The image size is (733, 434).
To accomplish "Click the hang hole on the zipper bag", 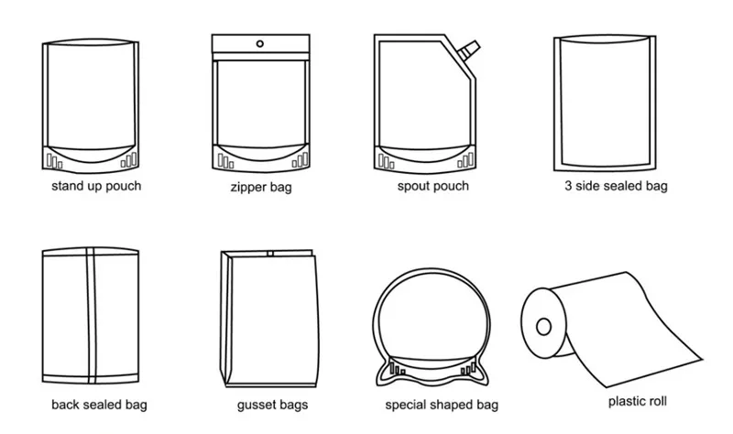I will (x=260, y=42).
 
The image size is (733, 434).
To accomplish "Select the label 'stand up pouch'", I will (x=96, y=187).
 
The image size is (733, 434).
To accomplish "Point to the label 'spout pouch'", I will (x=433, y=187).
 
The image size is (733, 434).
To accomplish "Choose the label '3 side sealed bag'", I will (x=615, y=187).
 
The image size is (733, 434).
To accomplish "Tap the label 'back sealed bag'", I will (x=100, y=404).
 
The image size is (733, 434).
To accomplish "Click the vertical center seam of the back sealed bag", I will (x=90, y=316).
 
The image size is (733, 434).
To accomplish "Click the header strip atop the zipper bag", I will (x=260, y=45).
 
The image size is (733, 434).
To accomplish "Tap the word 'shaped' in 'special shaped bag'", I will (x=446, y=404).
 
